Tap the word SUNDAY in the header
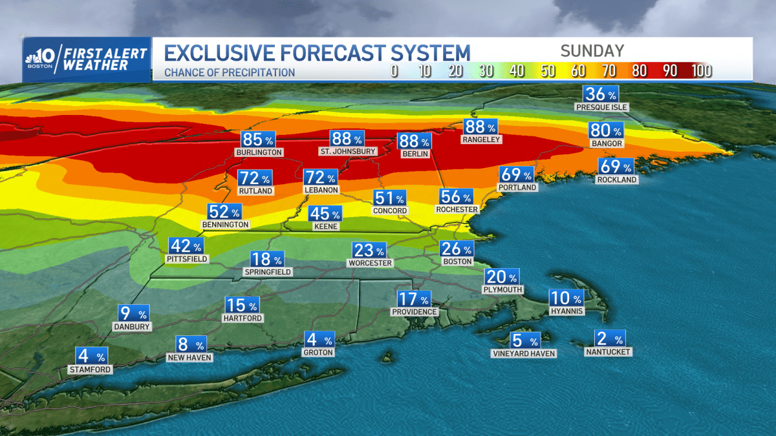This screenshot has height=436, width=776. (x=592, y=51)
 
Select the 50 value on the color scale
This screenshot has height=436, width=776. (x=548, y=71)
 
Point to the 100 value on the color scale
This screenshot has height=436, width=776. (x=701, y=71)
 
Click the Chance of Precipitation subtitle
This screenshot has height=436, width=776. (x=230, y=72)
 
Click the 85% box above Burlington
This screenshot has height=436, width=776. (x=259, y=140)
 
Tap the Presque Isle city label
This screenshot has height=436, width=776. (x=602, y=107)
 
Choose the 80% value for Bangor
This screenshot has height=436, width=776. (x=606, y=130)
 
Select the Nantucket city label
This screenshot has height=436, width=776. (x=607, y=352)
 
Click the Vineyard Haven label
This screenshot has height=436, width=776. (x=524, y=353)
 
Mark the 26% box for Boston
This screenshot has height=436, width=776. (x=457, y=249)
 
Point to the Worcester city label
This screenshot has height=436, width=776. (x=370, y=263)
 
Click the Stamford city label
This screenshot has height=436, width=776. (x=91, y=369)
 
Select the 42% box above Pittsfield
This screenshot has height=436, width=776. (x=186, y=246)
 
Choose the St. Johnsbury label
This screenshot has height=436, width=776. (x=347, y=152)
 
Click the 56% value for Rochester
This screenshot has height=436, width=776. (x=457, y=197)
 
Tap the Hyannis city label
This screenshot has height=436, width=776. (x=566, y=311)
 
